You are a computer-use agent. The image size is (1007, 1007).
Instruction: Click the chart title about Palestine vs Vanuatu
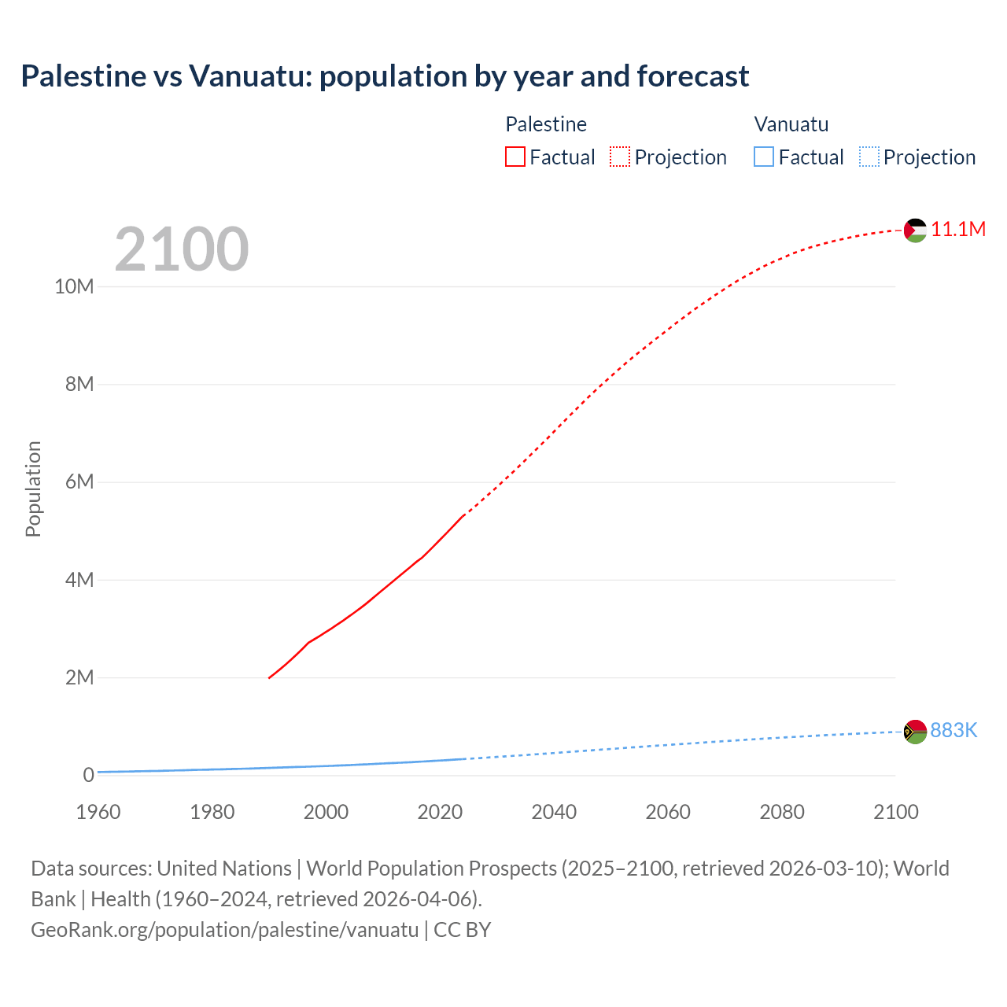385,76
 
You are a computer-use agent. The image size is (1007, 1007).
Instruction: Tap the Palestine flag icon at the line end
915,230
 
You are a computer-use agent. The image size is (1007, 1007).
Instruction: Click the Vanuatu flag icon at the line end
915,732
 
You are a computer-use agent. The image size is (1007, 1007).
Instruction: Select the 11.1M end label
958,229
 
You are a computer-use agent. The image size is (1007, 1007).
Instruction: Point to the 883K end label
954,731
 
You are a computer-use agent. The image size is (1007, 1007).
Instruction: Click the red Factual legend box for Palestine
515,157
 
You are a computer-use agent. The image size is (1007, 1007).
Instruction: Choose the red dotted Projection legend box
620,157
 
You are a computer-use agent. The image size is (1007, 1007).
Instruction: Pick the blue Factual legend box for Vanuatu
764,157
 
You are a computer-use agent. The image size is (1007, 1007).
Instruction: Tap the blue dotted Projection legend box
869,157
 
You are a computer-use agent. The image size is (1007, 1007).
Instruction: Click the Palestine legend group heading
546,124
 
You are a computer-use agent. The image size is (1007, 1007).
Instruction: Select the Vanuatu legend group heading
791,124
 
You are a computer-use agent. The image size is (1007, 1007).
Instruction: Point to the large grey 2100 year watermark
182,249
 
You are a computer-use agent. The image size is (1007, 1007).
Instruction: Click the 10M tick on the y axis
74,286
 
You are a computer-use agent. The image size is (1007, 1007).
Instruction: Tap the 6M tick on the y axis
79,481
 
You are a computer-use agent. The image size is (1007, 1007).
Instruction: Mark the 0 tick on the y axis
88,775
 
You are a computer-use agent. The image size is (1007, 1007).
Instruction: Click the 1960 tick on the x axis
98,812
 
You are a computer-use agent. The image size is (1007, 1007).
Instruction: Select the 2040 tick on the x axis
554,812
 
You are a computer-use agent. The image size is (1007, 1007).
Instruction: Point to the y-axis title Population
33,489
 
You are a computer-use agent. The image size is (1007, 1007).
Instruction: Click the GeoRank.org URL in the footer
224,929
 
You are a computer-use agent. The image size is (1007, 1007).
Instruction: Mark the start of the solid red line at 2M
269,677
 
